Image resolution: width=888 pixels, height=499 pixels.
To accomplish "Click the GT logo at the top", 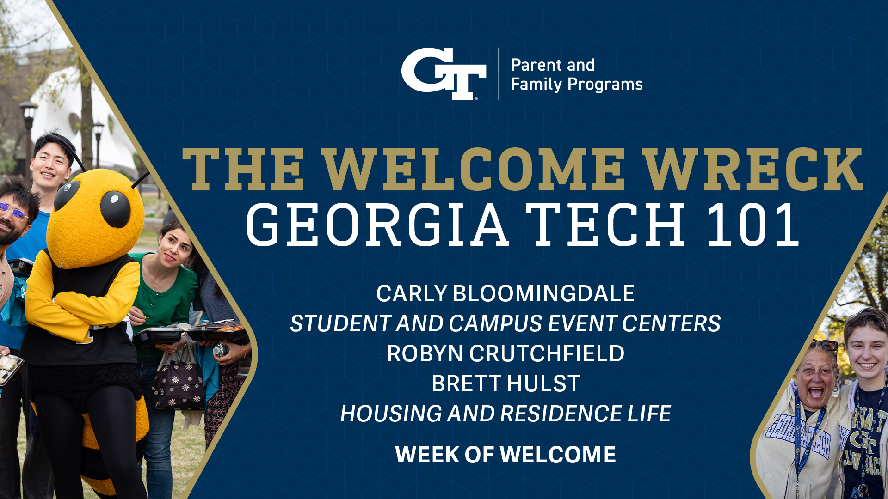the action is point(444,74).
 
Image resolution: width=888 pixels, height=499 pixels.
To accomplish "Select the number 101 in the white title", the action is point(753,225).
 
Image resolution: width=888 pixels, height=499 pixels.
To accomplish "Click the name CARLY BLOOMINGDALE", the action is point(505,293).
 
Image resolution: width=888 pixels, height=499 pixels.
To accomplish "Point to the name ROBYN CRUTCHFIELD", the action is point(506,353).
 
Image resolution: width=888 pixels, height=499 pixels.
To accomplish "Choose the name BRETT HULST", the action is point(506,383).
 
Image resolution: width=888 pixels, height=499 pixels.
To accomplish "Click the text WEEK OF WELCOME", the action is point(506,455).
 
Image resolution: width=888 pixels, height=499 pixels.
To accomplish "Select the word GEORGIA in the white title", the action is point(377,225).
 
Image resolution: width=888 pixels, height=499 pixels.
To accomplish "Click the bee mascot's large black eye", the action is point(115,209).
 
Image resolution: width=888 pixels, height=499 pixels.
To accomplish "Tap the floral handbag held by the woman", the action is point(179,384).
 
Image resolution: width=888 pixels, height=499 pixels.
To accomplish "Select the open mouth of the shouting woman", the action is point(815,393).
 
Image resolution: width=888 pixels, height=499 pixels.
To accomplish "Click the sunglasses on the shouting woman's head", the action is point(823,345).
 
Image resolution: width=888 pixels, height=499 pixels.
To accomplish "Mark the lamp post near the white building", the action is point(28,139).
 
